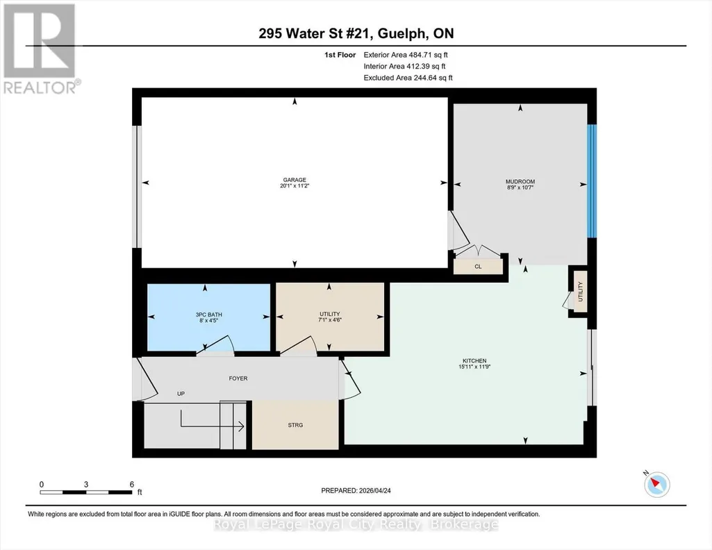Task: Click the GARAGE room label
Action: [x=295, y=180]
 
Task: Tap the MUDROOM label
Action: [x=520, y=181]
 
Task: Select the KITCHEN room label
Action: [x=474, y=361]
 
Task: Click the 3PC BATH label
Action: [x=208, y=315]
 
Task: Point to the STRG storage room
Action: [x=295, y=425]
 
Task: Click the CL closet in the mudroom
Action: [x=478, y=267]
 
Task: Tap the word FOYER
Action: [x=238, y=378]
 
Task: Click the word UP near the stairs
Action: [x=181, y=394]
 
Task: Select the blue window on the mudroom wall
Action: [x=592, y=181]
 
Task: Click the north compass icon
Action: [x=656, y=484]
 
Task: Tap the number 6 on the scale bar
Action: [x=132, y=484]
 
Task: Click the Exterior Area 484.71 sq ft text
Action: [x=406, y=55]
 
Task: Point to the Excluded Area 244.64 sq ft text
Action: [x=408, y=78]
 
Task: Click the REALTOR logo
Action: [x=41, y=49]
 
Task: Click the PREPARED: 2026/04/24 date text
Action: [x=356, y=490]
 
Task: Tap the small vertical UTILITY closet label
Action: [x=580, y=292]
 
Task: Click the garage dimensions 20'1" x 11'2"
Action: [x=295, y=185]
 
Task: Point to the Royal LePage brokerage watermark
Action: [x=356, y=524]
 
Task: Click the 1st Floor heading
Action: [x=340, y=55]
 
